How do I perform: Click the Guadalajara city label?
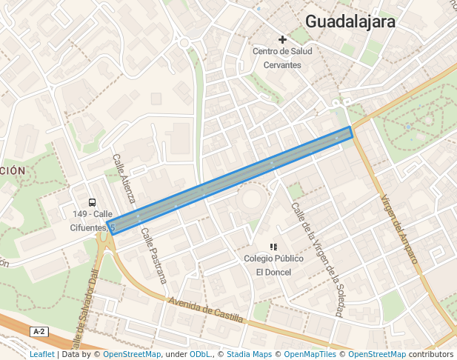tap(350, 21)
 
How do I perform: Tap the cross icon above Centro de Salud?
tap(282, 39)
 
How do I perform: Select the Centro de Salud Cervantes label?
tap(282, 58)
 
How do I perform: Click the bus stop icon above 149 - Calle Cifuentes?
tap(92, 202)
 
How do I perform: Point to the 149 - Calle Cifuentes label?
tap(92, 221)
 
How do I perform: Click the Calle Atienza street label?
tap(124, 179)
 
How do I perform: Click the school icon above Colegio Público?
tap(273, 247)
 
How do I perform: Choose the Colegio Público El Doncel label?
tap(273, 265)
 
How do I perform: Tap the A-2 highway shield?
tap(40, 332)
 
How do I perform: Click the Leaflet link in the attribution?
tap(41, 355)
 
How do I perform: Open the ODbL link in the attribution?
tap(199, 355)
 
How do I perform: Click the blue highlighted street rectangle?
tap(230, 180)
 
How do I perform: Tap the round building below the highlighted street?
tap(253, 199)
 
